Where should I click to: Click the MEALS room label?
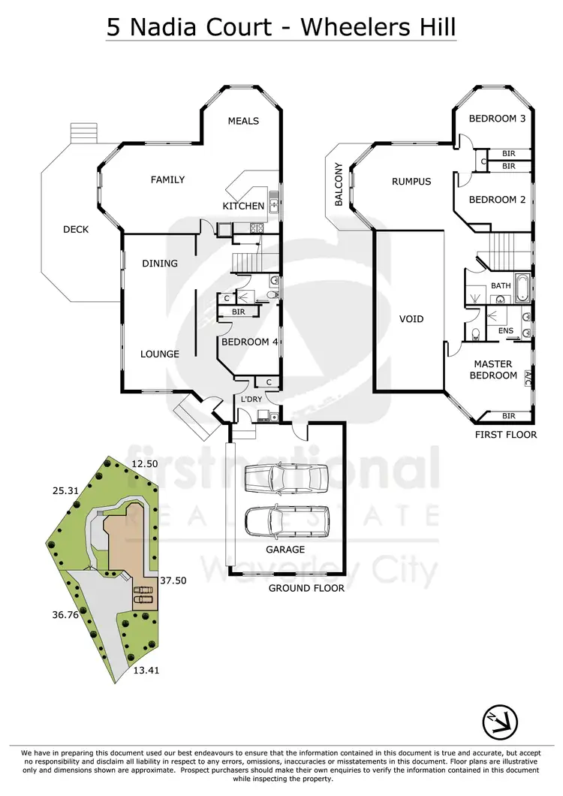(243, 121)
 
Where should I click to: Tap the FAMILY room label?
(167, 179)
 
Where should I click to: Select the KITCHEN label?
(243, 206)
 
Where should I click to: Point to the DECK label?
(75, 229)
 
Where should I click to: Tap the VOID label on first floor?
(411, 319)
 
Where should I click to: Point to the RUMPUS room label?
(411, 182)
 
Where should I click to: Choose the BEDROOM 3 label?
(497, 119)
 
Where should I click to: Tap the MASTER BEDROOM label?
(494, 370)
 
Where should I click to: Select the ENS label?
(505, 330)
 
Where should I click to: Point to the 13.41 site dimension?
(146, 671)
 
